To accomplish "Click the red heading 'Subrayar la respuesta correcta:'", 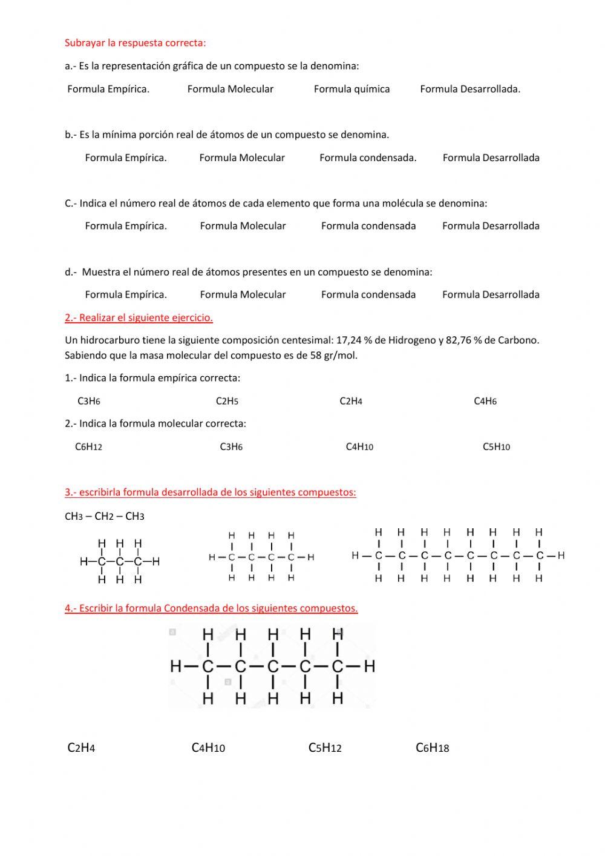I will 135,43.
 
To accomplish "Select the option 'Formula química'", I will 352,89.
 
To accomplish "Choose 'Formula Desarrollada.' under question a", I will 470,89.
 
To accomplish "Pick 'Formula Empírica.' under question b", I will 126,158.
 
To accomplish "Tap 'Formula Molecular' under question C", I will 243,226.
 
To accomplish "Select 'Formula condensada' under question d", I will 368,294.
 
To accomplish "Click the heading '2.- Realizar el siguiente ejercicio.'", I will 139,317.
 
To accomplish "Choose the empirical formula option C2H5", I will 227,401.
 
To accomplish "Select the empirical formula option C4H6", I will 485,401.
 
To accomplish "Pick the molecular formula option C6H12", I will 88,447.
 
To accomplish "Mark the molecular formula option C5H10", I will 496,447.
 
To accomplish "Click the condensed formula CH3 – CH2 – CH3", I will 105,517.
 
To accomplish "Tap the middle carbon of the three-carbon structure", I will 120,562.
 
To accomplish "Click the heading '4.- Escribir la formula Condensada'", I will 211,608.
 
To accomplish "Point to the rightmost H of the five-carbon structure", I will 370,667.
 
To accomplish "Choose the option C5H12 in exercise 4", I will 325,748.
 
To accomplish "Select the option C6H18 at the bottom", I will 432,748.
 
